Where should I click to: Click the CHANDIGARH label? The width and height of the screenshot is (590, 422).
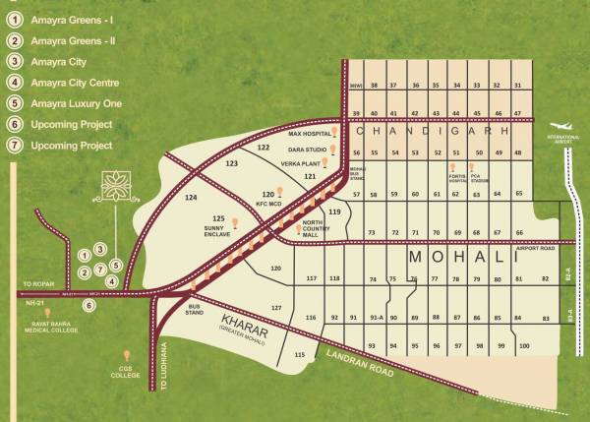click(x=433, y=130)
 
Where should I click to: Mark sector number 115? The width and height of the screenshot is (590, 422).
click(x=300, y=353)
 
